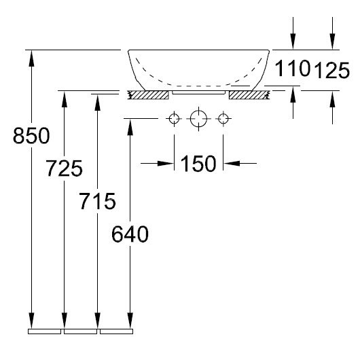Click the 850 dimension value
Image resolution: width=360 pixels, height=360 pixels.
coord(31,136)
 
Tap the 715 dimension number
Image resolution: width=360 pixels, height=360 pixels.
coord(97,201)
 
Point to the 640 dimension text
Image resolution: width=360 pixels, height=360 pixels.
coord(129,235)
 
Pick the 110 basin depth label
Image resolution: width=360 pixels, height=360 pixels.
coord(293,68)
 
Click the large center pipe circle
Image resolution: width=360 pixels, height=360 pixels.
coord(198,119)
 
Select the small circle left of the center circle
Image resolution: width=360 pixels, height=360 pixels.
coord(174,119)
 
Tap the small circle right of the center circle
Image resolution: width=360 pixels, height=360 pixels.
coord(222,119)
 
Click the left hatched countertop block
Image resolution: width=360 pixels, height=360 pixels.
coord(148,94)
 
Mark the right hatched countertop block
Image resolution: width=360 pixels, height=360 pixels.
coord(249,94)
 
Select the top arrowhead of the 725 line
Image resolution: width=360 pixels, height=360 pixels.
coord(65,96)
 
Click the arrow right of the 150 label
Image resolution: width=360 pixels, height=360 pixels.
coord(231,163)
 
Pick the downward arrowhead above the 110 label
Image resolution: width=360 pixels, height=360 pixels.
coord(293,42)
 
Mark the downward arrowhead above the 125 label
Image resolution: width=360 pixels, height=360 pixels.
coord(331,42)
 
